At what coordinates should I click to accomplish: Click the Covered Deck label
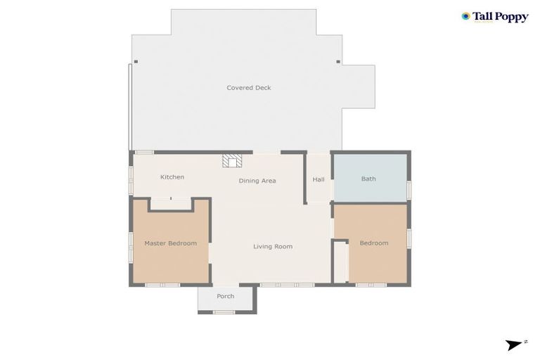[x=248, y=88]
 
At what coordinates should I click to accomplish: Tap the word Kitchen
[x=172, y=177]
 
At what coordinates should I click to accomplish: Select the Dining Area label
[x=257, y=181]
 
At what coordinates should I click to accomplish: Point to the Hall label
[x=319, y=179]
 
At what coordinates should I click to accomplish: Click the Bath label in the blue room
[x=368, y=179]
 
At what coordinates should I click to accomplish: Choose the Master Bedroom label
[x=170, y=243]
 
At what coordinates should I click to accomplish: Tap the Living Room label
[x=273, y=247]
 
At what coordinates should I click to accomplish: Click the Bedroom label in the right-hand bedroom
[x=373, y=243]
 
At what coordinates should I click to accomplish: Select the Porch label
[x=225, y=296]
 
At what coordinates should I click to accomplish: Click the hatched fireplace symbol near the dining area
[x=231, y=161]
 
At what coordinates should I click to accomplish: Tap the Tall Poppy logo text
[x=501, y=17]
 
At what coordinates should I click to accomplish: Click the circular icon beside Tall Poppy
[x=465, y=16]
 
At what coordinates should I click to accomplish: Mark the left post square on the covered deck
[x=136, y=62]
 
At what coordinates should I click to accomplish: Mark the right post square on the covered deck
[x=338, y=62]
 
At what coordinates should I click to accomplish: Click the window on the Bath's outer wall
[x=409, y=190]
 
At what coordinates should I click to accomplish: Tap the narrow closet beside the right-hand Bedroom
[x=340, y=262]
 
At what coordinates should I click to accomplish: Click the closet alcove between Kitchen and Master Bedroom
[x=170, y=204]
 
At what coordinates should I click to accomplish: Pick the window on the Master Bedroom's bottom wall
[x=162, y=285]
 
